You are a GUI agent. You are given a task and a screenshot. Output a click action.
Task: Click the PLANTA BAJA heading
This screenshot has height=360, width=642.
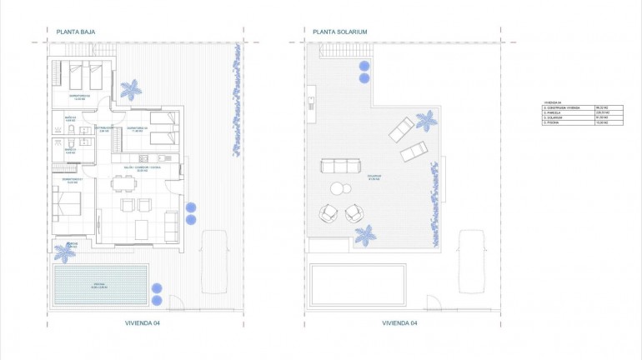[74, 32]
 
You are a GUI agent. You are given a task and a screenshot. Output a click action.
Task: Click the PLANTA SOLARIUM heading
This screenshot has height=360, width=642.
[339, 32]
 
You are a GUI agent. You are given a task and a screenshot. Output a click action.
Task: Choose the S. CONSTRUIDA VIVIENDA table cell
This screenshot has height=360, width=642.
[564, 107]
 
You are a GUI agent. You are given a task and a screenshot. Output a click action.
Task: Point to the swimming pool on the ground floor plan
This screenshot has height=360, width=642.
[101, 285]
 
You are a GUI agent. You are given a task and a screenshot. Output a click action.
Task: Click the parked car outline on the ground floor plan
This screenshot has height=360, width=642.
[215, 259]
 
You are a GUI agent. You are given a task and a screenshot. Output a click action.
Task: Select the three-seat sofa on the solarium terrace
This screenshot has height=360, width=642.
[337, 166]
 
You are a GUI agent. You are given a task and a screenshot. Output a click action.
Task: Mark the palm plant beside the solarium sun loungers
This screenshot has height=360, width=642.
[425, 122]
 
